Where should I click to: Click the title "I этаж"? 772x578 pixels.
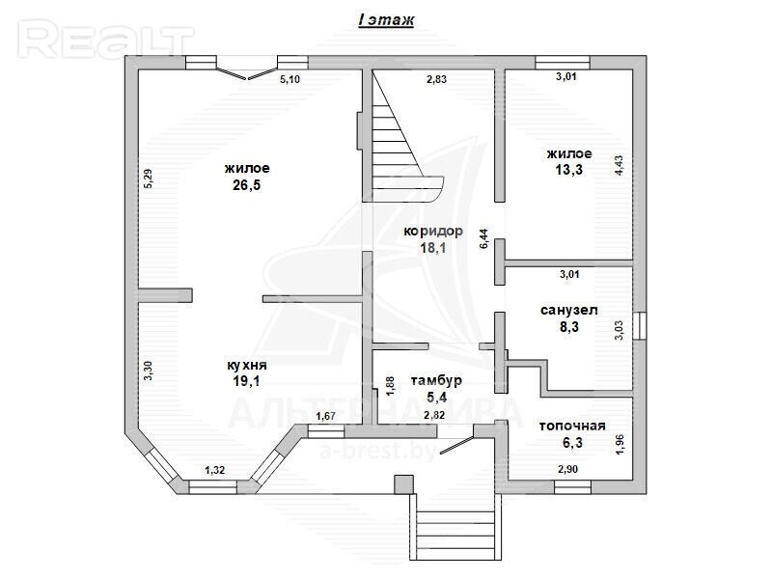tap(386, 20)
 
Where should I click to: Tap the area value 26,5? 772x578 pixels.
tap(247, 185)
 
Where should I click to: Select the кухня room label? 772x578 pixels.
tap(247, 366)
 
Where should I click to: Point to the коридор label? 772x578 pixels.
tap(433, 231)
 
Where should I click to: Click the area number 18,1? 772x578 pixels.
tap(433, 247)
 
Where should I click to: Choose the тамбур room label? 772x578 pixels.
tap(436, 380)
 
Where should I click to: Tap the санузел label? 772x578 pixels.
tap(569, 310)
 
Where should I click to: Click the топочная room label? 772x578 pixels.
tap(572, 426)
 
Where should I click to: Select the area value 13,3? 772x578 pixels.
tap(569, 170)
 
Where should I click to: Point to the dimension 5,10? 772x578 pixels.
tap(290, 79)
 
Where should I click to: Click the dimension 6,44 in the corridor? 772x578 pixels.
tap(484, 238)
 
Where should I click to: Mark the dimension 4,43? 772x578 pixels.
tap(619, 165)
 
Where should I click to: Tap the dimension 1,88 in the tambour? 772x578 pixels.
tap(390, 386)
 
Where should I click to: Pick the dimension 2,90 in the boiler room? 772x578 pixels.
tap(567, 469)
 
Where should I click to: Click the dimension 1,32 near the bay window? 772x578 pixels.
tap(214, 470)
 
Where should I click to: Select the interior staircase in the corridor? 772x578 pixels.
tap(402, 137)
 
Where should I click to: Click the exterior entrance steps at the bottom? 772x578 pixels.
tap(455, 526)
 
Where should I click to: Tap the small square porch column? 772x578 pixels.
tap(403, 484)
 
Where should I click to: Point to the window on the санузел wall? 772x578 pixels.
tap(640, 325)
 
